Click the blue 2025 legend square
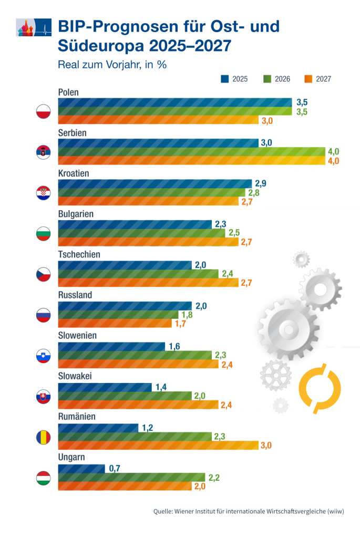pos(224,79)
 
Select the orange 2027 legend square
pos(307,79)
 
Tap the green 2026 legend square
pos(266,79)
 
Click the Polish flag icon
pos(43,112)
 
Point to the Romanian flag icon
pos(43,437)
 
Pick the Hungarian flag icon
pos(43,478)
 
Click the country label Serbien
pos(72,133)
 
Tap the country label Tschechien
pos(79,254)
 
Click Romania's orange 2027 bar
pos(158,446)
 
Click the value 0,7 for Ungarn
pos(115,468)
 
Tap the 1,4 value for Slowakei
pos(161,387)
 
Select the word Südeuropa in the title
pos(100,46)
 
